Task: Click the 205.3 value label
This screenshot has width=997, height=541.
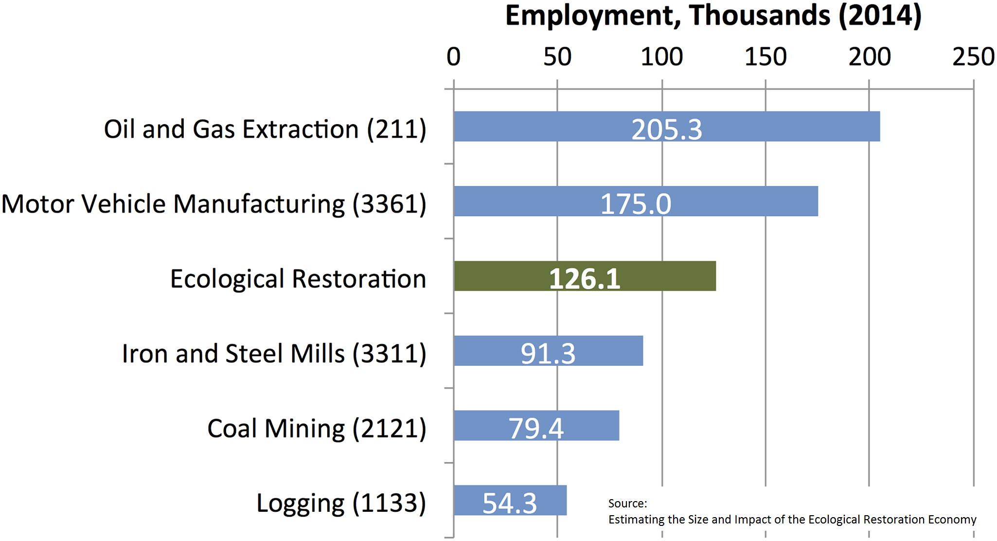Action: [667, 129]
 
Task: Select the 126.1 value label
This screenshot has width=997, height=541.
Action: [585, 279]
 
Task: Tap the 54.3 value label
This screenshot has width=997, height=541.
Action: [510, 503]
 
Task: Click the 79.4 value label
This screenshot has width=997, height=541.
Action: [536, 429]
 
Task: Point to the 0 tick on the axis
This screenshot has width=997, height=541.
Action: [453, 57]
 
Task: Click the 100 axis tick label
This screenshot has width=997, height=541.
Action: [661, 57]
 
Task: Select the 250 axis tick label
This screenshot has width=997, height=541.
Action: [973, 57]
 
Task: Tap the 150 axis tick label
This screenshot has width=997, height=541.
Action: [766, 57]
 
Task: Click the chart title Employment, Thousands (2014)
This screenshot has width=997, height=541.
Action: [713, 16]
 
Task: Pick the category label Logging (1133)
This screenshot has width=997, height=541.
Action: [341, 503]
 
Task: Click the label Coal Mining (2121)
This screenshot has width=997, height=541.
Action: [317, 429]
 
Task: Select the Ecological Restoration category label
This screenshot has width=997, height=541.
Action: [298, 279]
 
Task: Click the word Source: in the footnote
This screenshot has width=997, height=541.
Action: [627, 504]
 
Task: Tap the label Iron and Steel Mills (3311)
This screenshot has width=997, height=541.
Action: [274, 354]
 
